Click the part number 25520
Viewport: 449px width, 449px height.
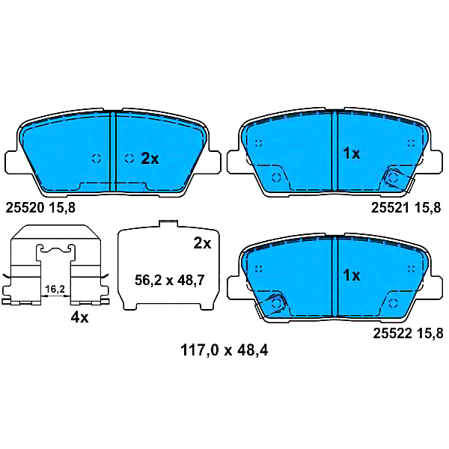[x=25, y=207]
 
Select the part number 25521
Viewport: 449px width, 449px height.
[x=390, y=207]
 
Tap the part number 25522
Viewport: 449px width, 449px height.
[x=392, y=334]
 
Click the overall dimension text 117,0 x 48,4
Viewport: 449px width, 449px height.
[x=224, y=350]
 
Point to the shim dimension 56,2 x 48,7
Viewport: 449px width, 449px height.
[x=170, y=280]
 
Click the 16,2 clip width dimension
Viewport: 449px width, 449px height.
[x=55, y=289]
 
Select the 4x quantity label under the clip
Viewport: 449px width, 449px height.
[x=79, y=317]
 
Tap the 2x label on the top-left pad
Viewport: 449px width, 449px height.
[x=150, y=159]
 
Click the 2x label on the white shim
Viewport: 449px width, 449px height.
[x=202, y=243]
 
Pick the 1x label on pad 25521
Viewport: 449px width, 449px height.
[x=352, y=153]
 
